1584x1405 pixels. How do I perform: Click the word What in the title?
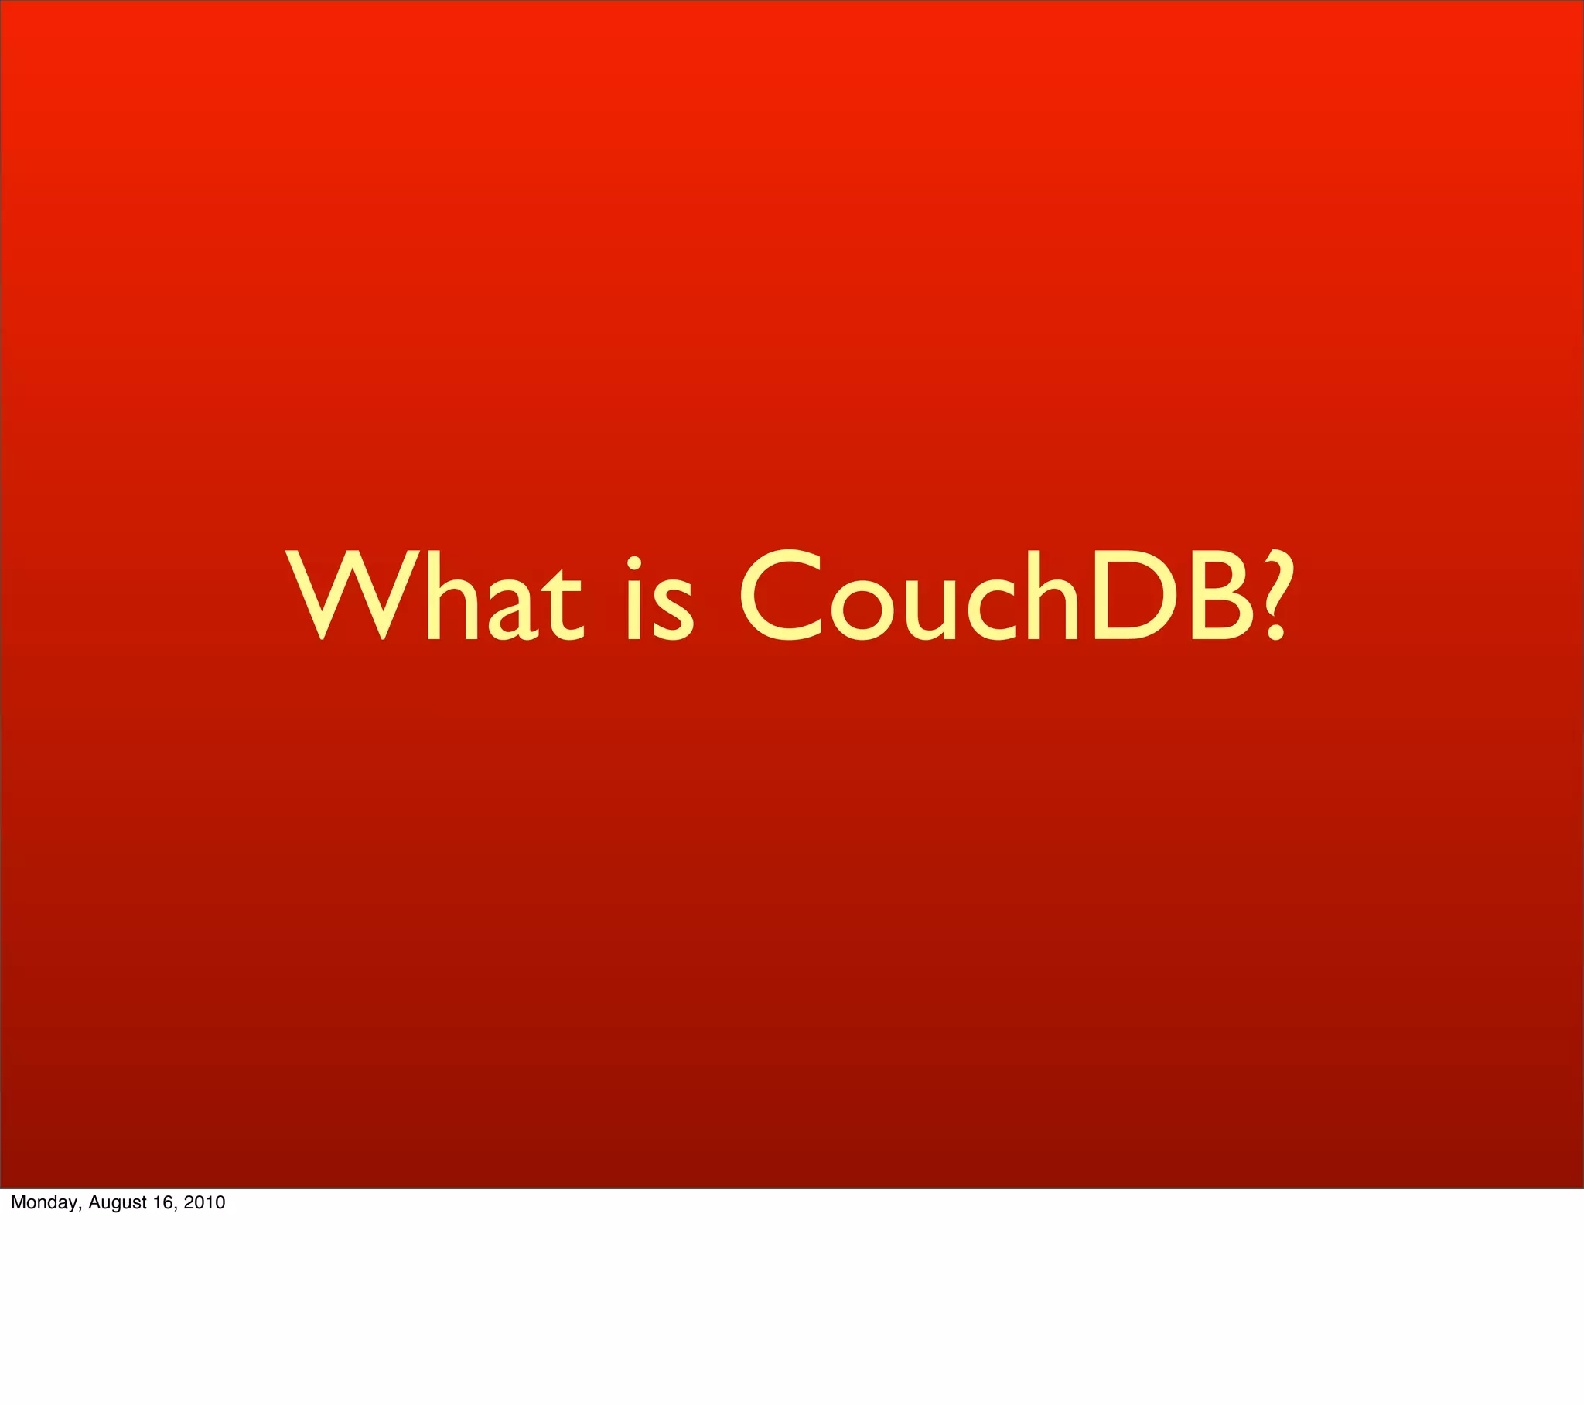click(434, 596)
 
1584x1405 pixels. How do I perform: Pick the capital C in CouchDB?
click(780, 596)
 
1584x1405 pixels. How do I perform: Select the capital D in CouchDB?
click(1135, 596)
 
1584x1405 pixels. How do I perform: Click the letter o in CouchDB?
click(862, 610)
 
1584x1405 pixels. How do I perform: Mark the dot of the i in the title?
click(634, 562)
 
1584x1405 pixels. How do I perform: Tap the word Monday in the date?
click(45, 1202)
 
